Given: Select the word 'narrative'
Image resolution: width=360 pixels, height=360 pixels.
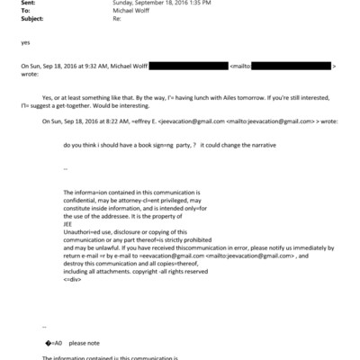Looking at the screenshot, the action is tap(277, 144).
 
